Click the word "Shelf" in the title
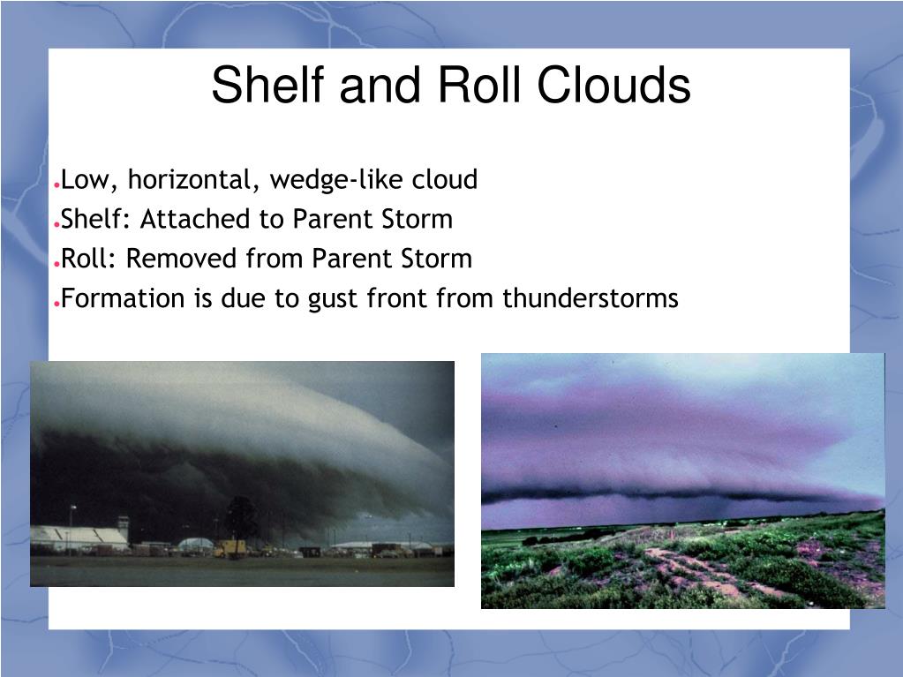click(267, 85)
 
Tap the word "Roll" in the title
click(479, 85)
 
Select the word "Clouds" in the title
click(613, 85)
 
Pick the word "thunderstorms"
click(591, 298)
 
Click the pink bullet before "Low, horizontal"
click(56, 185)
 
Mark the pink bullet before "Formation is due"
click(56, 304)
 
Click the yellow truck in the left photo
click(230, 548)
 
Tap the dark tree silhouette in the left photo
click(242, 518)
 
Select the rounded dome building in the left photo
click(196, 544)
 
